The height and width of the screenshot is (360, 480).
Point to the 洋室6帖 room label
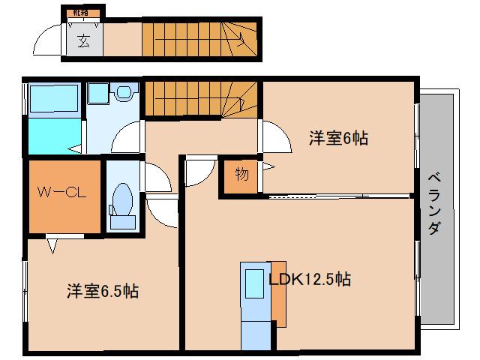(x=337, y=138)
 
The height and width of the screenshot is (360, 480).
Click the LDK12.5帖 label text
(x=310, y=280)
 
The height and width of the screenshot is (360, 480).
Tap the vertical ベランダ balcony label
(x=433, y=204)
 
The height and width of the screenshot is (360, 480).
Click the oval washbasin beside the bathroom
(x=123, y=93)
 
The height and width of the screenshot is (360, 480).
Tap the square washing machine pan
(x=97, y=94)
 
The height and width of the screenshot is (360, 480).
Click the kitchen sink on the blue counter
(x=252, y=280)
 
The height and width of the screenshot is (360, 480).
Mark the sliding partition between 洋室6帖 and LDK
(x=337, y=196)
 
